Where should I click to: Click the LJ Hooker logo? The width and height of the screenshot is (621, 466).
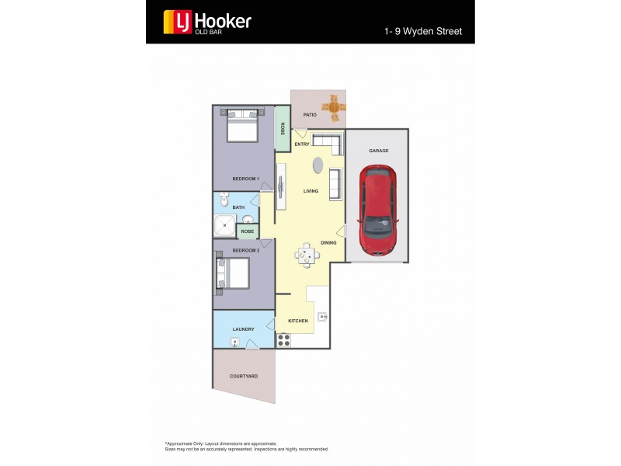pos(206,23)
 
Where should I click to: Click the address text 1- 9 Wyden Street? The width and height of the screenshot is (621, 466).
pos(423,32)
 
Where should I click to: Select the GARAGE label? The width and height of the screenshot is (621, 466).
pos(378,151)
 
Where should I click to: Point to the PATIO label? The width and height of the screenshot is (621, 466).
pos(310,115)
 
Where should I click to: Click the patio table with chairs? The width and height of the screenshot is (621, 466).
pos(334,108)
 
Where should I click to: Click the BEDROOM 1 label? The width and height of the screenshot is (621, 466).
pos(245,179)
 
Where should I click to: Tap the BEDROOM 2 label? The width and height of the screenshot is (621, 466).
pos(245,250)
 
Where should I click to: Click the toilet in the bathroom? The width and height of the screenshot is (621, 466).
pos(223,201)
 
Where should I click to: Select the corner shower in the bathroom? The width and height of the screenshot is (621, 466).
pos(224,225)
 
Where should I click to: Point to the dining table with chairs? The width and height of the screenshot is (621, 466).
pos(307,254)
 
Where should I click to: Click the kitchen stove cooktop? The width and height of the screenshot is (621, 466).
pos(283,339)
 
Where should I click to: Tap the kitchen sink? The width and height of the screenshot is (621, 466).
pos(322,316)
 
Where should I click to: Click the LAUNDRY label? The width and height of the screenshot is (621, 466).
pos(243,329)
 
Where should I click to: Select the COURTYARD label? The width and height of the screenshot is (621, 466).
pos(243,377)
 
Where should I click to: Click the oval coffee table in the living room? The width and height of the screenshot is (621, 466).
pos(317,165)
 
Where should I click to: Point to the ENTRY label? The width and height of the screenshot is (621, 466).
pos(302,144)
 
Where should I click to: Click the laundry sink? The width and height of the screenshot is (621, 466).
pos(234,342)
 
